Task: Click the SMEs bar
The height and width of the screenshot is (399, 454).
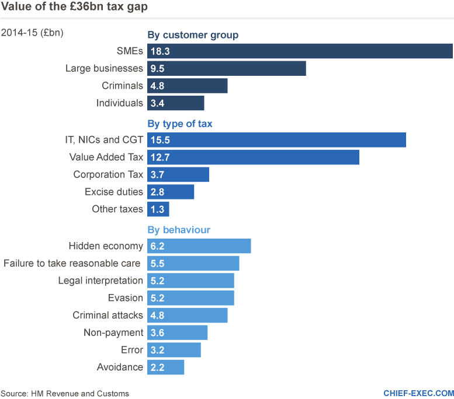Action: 300,51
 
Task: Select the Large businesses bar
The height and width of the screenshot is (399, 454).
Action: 227,68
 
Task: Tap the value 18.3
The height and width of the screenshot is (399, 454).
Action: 160,51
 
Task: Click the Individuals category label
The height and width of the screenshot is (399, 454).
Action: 119,103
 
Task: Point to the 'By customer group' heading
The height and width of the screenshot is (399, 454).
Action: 193,35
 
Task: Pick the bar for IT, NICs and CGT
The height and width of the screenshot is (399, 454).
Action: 276,141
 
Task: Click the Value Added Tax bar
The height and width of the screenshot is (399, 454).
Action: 253,157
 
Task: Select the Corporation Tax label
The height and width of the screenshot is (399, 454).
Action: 108,174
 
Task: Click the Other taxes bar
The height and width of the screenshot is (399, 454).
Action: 158,209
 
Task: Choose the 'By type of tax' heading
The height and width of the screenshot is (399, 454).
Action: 180,124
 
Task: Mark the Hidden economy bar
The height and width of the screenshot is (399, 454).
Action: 199,246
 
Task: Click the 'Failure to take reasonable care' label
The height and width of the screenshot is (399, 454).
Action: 72,264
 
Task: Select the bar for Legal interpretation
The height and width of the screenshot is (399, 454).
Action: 190,281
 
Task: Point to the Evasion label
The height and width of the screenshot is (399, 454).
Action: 126,298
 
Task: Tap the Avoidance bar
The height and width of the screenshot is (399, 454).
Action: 166,367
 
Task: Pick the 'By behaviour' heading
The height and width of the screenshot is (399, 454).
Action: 179,230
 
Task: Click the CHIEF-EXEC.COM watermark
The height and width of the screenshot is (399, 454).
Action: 418,393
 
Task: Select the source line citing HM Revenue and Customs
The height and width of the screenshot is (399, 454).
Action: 65,394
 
